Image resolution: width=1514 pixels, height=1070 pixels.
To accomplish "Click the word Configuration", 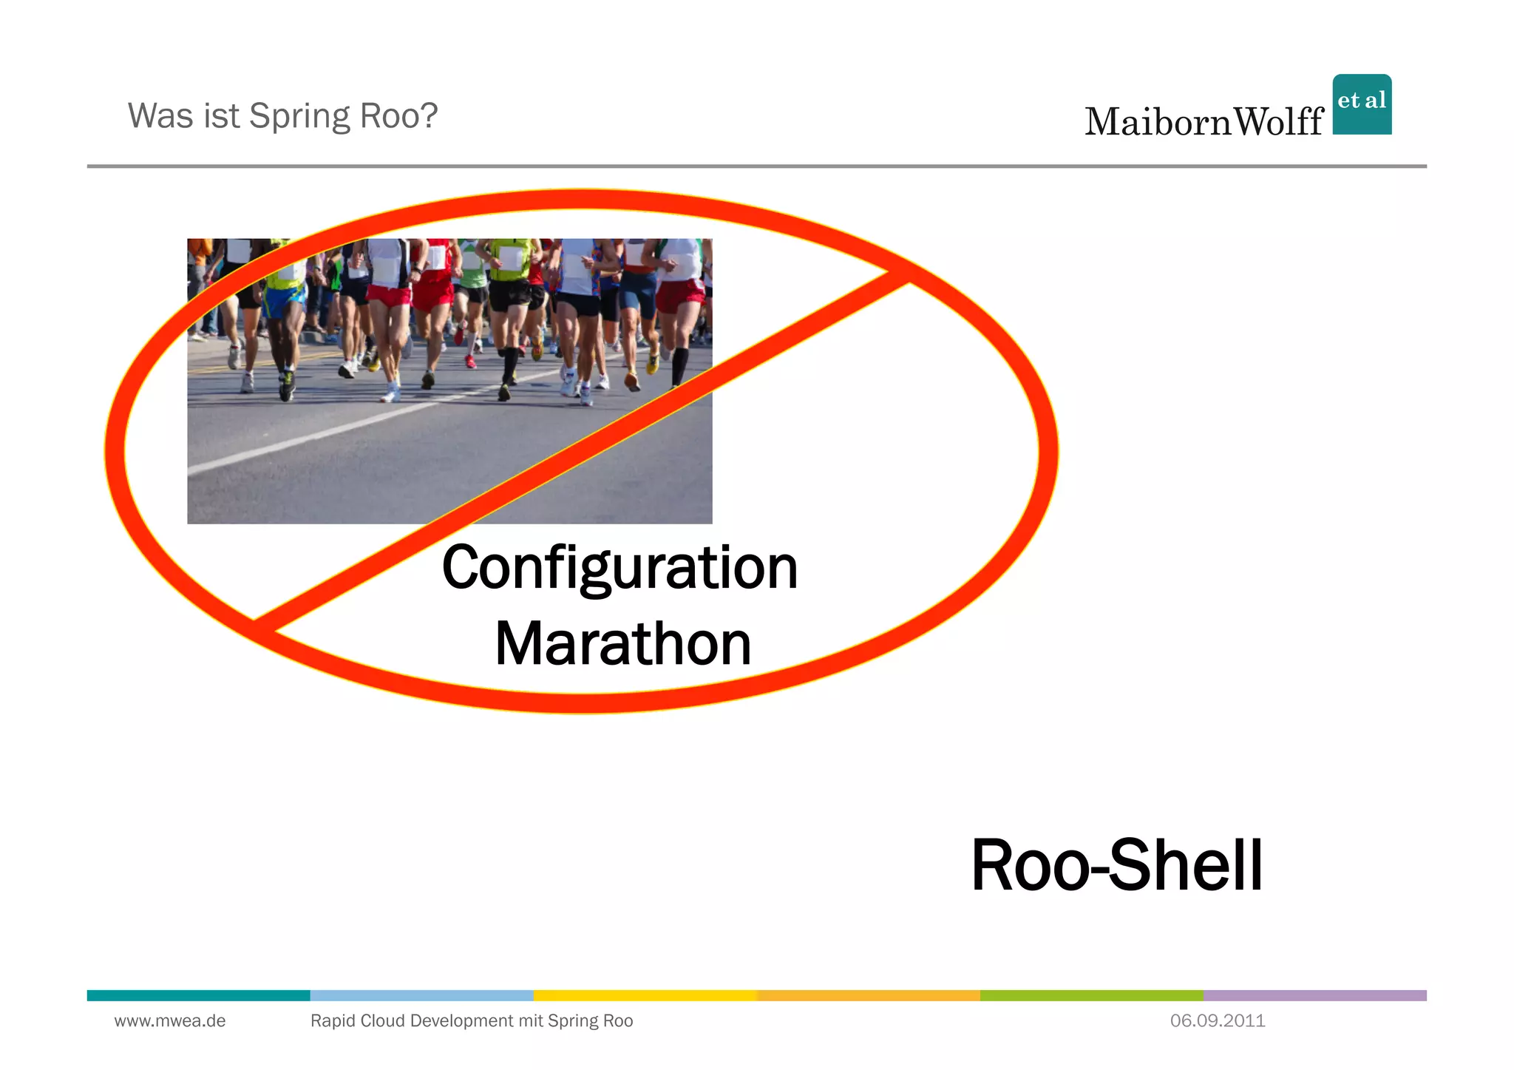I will [x=619, y=568].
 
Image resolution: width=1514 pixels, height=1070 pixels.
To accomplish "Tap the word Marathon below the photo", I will [x=622, y=644].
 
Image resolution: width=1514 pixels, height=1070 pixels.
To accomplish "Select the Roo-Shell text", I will [x=1116, y=865].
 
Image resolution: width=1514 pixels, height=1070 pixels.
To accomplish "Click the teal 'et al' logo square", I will [x=1362, y=104].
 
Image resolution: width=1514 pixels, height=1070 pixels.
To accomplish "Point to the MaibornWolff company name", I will [x=1204, y=122].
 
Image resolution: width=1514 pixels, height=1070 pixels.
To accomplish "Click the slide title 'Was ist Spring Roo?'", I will [x=282, y=116].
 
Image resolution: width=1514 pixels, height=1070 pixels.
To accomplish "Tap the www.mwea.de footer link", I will [x=170, y=1021].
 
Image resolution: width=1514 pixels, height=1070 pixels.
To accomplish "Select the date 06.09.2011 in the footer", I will [x=1218, y=1021].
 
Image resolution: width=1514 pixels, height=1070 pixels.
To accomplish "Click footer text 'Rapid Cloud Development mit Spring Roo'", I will [x=472, y=1021].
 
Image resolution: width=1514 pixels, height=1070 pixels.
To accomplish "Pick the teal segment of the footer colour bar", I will [x=198, y=995].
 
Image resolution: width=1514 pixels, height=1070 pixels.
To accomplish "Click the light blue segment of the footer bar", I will [x=421, y=995].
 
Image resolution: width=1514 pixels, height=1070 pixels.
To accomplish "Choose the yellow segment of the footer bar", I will [x=645, y=995].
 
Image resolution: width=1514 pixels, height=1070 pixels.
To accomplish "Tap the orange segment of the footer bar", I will [x=869, y=995].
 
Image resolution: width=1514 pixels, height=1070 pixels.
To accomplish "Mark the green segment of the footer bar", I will [x=1091, y=995].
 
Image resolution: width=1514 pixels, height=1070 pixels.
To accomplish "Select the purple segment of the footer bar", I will [x=1314, y=995].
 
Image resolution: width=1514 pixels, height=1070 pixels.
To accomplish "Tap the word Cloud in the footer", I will [x=382, y=1021].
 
